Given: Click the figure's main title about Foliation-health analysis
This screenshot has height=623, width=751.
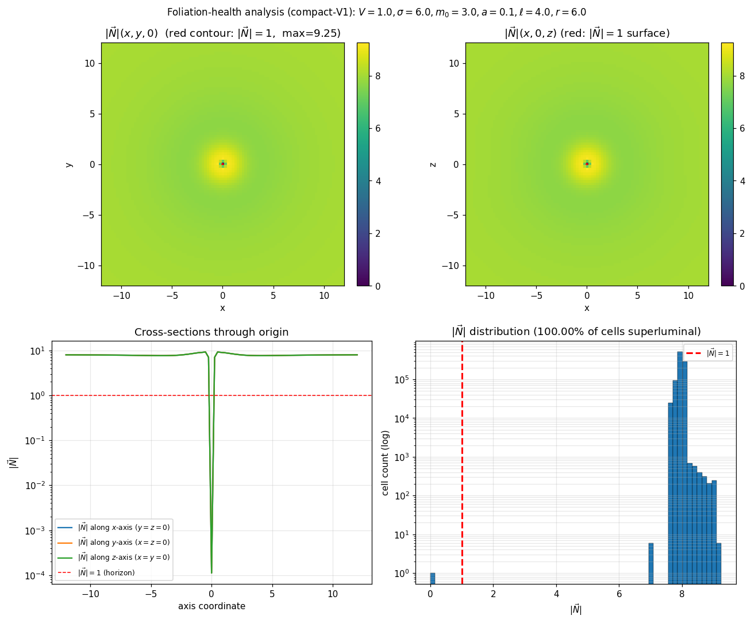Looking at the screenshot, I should coord(376,12).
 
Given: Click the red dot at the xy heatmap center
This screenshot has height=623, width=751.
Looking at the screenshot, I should coord(223,164).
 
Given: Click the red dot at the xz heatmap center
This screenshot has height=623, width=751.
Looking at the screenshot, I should coord(587,164).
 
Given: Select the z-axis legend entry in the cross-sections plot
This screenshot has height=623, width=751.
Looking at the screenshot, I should coord(124,557).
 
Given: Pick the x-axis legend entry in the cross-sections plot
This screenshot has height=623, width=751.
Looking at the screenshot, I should coord(124,527).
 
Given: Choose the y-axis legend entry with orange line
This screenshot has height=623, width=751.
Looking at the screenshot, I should coord(124,543).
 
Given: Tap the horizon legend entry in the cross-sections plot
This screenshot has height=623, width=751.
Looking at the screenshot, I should coord(106,572).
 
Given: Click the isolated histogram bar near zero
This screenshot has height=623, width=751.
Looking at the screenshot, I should coord(433,578).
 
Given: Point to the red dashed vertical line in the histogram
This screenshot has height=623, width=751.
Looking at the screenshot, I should coord(462,460).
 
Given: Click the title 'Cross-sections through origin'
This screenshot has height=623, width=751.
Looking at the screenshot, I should coord(211,332).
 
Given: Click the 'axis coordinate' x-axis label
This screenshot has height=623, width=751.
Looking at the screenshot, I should coord(211,606).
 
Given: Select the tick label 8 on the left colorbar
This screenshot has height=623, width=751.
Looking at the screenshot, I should coord(378,76).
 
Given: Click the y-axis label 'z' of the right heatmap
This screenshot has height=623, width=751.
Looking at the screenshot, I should coord(433,164).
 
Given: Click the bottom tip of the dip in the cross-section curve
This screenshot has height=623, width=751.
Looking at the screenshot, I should coord(211,572).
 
